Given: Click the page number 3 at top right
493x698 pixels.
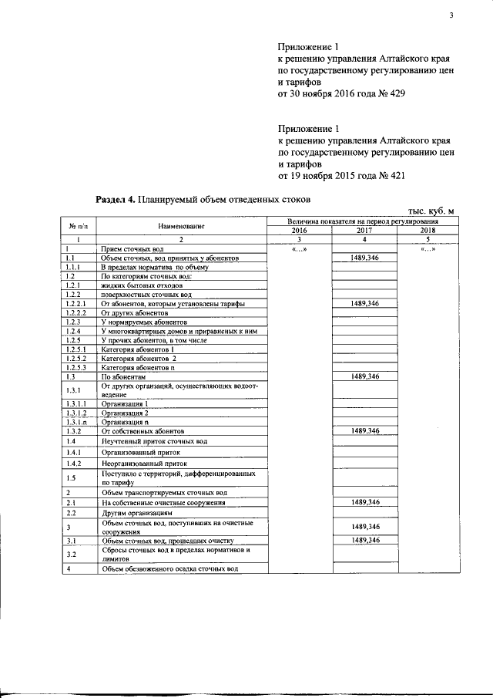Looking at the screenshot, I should [x=451, y=16].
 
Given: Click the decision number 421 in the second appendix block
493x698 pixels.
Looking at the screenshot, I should [x=394, y=175].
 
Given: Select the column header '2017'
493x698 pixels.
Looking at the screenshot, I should [x=364, y=231].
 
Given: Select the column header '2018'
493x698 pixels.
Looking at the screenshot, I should [x=428, y=231].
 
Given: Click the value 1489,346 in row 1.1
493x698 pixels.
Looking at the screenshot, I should [x=364, y=257].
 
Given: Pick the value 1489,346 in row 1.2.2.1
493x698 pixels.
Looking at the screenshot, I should [x=364, y=305].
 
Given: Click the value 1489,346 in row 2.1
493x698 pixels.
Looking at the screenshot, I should [x=364, y=502].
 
